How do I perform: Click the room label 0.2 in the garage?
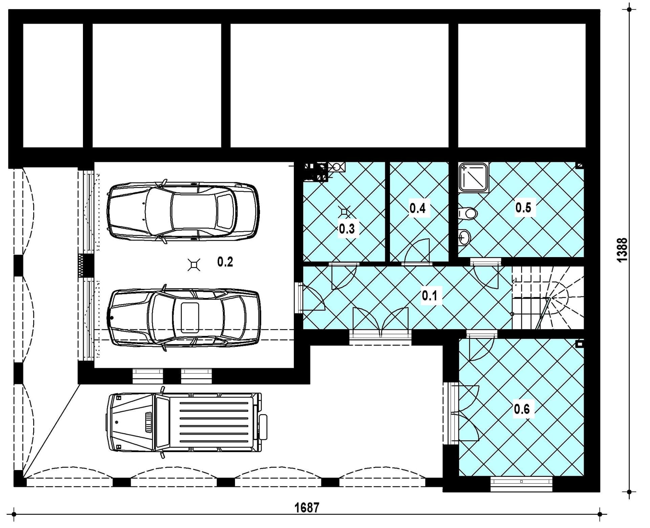[225, 262]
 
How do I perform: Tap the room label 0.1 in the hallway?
[429, 296]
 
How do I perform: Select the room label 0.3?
[347, 229]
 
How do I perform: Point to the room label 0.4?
[417, 208]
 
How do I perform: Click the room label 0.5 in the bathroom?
[523, 207]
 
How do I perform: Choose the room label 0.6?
[522, 409]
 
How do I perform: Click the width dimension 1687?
[307, 508]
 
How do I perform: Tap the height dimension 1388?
[623, 250]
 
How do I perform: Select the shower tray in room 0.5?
[474, 177]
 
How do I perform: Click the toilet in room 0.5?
[468, 213]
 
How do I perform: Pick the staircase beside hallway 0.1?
[547, 298]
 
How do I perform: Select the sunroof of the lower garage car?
[190, 318]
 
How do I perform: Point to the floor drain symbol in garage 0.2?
[194, 265]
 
